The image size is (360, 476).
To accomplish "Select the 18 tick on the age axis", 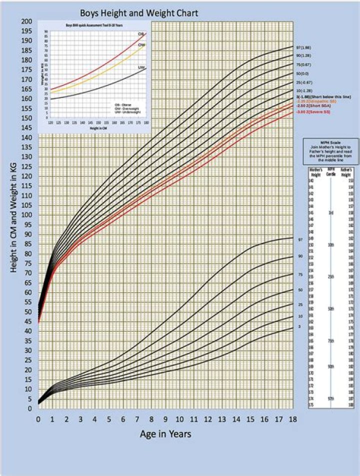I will [292, 419].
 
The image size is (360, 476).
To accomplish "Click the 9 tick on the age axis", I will [165, 419].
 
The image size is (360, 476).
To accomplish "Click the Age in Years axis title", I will [165, 434].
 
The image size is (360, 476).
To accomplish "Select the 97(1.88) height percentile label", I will [304, 47].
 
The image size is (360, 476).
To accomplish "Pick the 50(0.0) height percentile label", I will [303, 73].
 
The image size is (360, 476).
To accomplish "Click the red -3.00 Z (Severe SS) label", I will [312, 112].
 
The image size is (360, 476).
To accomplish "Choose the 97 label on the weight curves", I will [300, 240].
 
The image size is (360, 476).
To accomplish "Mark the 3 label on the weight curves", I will [299, 326].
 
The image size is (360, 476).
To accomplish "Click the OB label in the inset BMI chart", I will [141, 34].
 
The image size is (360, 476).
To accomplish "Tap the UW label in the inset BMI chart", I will [141, 67].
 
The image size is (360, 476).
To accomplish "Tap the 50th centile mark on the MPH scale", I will [331, 309].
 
